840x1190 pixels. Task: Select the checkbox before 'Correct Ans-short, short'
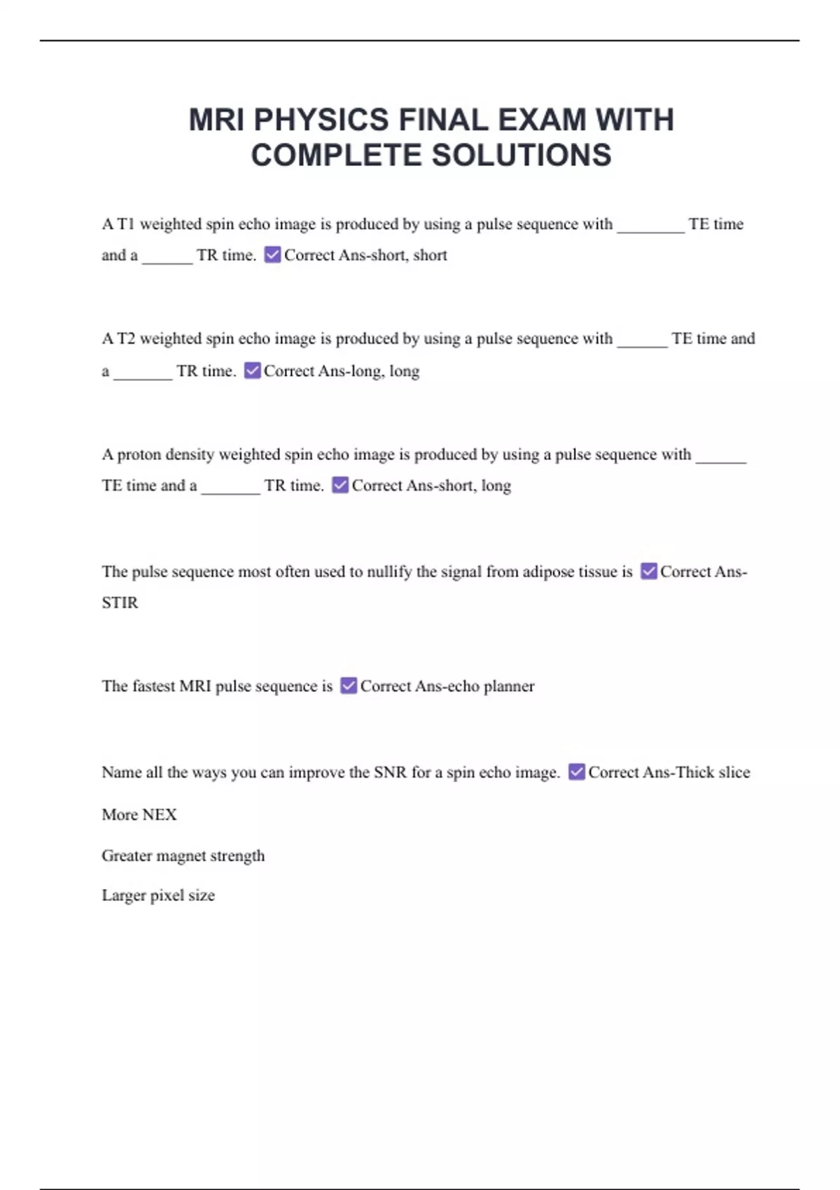(273, 255)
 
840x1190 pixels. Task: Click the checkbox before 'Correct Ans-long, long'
(253, 370)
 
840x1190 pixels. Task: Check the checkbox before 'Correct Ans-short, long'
(340, 485)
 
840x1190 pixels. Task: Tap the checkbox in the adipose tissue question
(649, 571)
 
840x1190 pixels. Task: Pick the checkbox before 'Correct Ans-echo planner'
(349, 686)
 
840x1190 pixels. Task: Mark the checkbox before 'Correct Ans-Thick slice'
(577, 772)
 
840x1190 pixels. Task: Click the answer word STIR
(120, 603)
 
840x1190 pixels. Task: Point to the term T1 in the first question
(125, 224)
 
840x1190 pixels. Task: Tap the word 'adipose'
(552, 572)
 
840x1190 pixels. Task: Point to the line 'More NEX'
(139, 815)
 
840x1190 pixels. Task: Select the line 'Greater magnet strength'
(183, 855)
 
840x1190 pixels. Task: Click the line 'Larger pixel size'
(158, 895)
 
